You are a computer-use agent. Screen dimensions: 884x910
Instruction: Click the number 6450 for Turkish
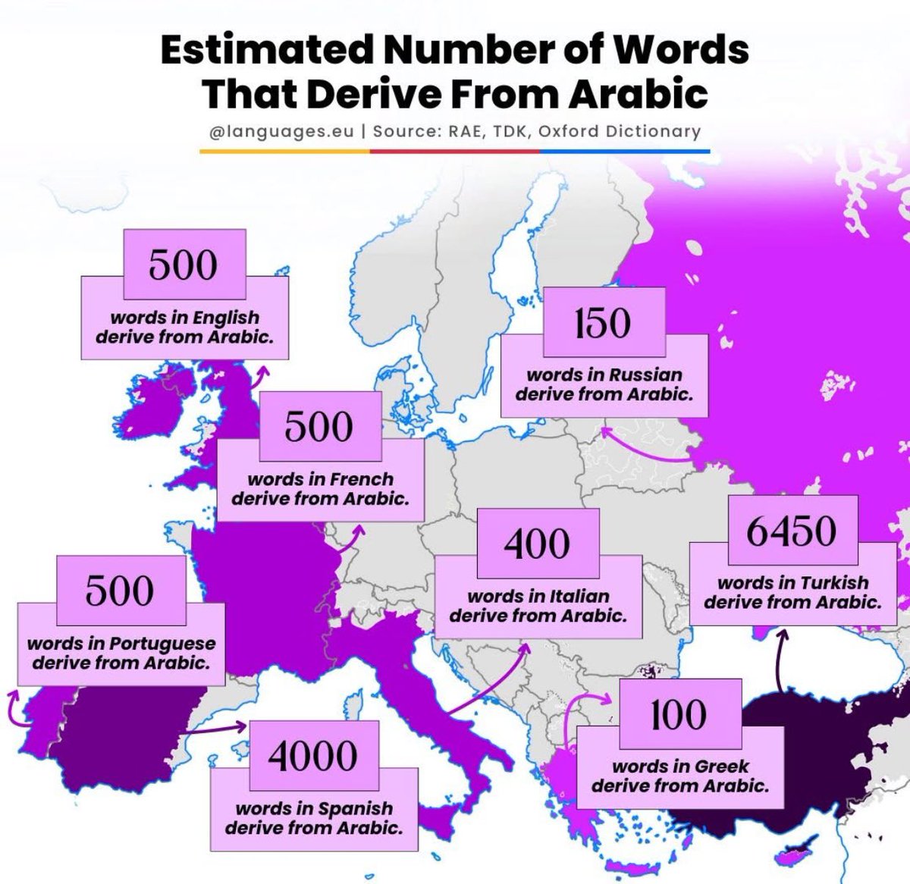coord(792,531)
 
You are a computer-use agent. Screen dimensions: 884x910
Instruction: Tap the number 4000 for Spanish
coord(312,756)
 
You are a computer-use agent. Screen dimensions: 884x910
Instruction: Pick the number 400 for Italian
coord(537,544)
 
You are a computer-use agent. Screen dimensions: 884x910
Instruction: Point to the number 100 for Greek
coord(678,714)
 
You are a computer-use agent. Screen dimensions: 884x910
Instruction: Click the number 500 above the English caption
coord(184,265)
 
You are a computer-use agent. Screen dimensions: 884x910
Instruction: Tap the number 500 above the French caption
coord(319,426)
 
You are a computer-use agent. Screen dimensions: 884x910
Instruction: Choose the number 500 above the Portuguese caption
coord(120,591)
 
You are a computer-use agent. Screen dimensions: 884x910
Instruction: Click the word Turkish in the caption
coord(833,582)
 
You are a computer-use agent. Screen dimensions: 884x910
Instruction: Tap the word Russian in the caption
coord(646,375)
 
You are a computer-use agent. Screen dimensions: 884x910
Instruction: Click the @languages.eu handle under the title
coord(281,131)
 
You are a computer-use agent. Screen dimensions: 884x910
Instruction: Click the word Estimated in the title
coord(267,50)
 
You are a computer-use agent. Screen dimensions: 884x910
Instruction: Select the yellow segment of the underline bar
coord(284,151)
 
